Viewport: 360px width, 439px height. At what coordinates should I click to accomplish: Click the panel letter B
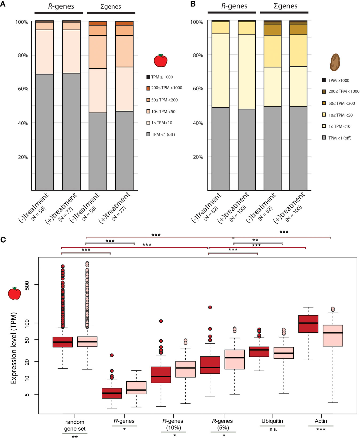click(193, 4)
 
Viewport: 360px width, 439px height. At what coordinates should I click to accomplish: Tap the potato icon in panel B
click(334, 62)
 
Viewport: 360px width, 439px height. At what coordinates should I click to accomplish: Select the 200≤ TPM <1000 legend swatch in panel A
click(148, 88)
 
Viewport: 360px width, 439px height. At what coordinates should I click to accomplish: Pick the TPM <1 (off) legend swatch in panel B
click(324, 138)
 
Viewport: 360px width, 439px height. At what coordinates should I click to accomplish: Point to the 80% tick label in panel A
click(23, 55)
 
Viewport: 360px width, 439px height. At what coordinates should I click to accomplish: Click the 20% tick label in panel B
click(198, 157)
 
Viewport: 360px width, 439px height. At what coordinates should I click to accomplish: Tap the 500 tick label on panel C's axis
click(27, 285)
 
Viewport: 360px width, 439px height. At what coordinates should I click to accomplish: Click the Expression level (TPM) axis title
click(13, 348)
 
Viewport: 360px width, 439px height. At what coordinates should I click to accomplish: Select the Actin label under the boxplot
click(321, 421)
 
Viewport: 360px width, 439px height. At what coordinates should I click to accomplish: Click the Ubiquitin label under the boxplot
click(272, 421)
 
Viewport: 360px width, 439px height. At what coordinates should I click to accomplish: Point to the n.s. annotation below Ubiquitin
click(273, 429)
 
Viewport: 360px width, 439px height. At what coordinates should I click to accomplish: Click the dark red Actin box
click(308, 324)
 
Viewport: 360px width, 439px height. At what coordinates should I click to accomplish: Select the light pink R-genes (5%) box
click(235, 359)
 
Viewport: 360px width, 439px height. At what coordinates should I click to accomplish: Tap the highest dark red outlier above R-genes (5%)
click(210, 307)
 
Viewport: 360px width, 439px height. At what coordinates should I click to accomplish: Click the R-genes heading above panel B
click(234, 6)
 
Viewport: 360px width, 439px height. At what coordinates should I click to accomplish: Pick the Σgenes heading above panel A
click(111, 6)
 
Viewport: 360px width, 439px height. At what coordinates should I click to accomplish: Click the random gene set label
click(75, 425)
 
